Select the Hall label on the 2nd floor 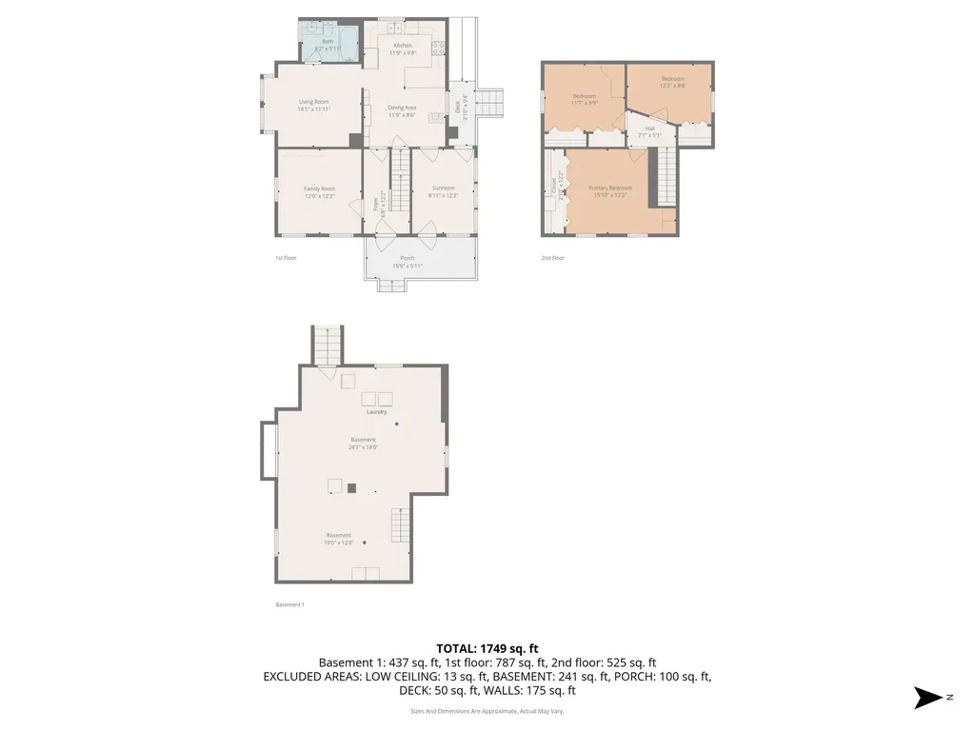(649, 128)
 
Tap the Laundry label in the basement (376, 411)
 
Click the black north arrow (926, 698)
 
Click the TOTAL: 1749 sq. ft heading (487, 648)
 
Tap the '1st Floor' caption (286, 258)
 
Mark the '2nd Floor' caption (552, 258)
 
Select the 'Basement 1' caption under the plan (289, 604)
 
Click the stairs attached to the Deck (488, 101)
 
